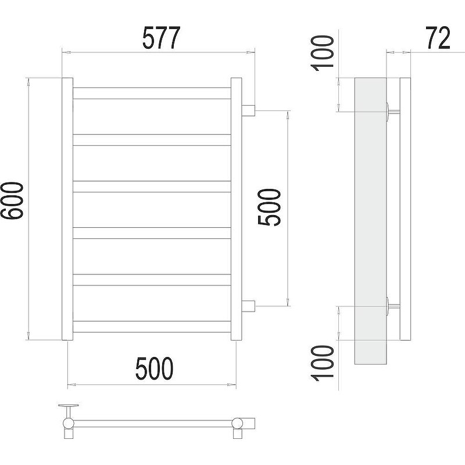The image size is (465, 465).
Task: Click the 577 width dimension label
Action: [162, 38]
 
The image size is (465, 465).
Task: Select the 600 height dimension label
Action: [12, 201]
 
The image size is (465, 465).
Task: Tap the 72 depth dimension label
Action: [438, 38]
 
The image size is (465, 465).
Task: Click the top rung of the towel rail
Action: [152, 93]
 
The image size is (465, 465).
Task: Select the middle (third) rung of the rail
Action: [152, 187]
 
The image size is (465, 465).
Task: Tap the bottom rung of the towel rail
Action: [152, 327]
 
